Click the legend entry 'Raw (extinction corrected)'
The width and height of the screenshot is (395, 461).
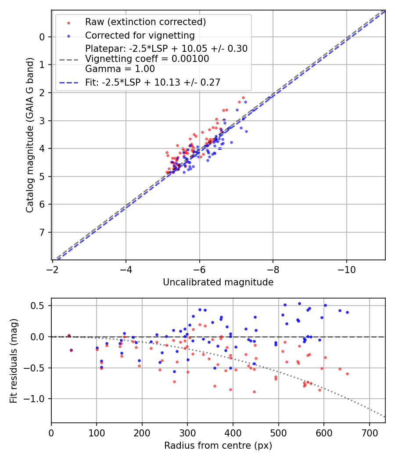[145, 22]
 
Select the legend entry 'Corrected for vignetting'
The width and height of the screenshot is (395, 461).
[140, 35]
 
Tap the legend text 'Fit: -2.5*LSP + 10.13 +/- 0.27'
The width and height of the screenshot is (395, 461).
[153, 82]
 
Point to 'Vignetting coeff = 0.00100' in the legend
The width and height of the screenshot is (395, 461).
[147, 59]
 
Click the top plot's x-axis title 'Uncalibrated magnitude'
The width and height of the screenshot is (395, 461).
[218, 282]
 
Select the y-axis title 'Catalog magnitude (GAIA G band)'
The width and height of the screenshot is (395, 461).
[29, 137]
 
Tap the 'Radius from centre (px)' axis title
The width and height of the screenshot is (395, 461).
[218, 446]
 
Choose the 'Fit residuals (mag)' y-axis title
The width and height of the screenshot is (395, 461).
[14, 360]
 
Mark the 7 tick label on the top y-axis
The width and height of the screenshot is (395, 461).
[42, 232]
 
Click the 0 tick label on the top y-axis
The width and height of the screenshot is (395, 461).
[42, 37]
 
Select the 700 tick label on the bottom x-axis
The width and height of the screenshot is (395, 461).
[369, 432]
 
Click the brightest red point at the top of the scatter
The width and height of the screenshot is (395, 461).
[243, 97]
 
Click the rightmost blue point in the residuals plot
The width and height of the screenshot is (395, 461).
[347, 313]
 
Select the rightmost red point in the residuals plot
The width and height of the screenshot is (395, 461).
[347, 374]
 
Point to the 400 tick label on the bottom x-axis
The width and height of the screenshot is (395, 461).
[233, 432]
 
